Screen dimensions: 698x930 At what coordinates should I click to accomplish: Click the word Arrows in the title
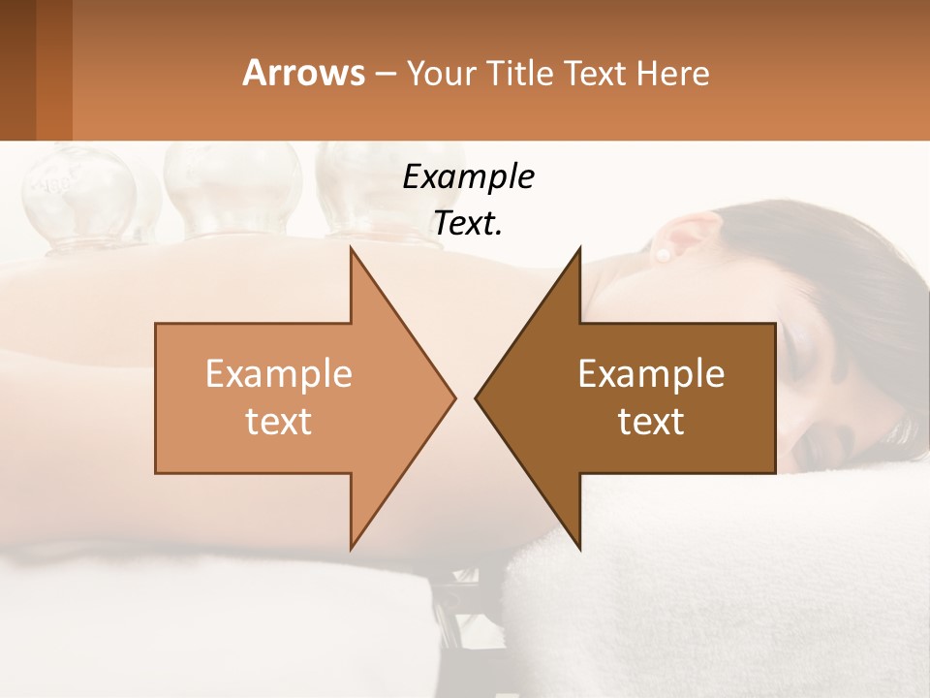pyautogui.click(x=303, y=73)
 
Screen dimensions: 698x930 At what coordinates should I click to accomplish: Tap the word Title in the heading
pyautogui.click(x=526, y=73)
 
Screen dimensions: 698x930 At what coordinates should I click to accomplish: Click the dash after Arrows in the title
pyautogui.click(x=385, y=75)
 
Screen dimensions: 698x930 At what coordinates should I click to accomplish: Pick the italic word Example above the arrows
pyautogui.click(x=468, y=176)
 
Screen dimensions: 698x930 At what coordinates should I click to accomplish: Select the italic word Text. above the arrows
pyautogui.click(x=468, y=223)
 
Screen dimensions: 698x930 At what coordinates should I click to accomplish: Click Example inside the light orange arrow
pyautogui.click(x=279, y=374)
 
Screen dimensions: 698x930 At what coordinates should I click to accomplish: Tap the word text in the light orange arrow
pyautogui.click(x=279, y=421)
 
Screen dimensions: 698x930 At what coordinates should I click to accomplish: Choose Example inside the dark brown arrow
pyautogui.click(x=651, y=374)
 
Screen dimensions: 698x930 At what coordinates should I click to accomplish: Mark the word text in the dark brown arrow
pyautogui.click(x=651, y=421)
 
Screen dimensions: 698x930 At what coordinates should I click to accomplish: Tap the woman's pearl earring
pyautogui.click(x=664, y=255)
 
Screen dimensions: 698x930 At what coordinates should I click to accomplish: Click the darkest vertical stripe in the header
pyautogui.click(x=17, y=70)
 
